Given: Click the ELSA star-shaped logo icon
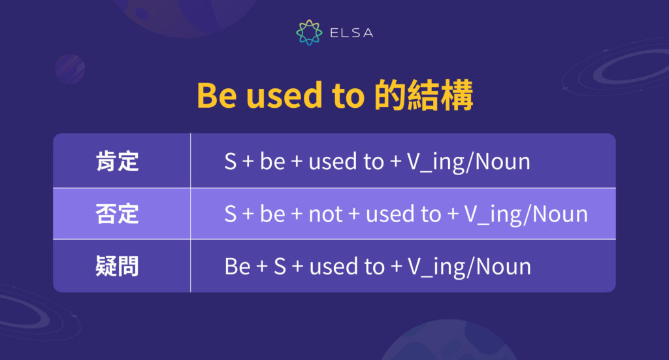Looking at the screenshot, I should click(x=309, y=33).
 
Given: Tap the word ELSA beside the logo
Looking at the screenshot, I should click(x=350, y=33).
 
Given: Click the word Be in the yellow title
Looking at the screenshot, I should click(x=216, y=96).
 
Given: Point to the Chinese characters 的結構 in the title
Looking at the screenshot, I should click(x=424, y=96).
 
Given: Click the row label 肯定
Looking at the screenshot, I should click(x=118, y=161).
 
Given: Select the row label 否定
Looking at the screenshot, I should click(x=118, y=214).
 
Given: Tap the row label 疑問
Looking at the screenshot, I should click(x=118, y=266).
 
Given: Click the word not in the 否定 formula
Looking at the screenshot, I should click(x=325, y=214).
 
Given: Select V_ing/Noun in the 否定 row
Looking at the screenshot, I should click(x=526, y=214).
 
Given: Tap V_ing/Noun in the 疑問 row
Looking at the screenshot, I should click(x=469, y=267).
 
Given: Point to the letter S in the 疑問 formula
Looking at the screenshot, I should click(x=280, y=267).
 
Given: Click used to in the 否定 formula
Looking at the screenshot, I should click(x=403, y=214).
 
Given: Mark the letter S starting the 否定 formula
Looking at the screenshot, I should click(x=230, y=214).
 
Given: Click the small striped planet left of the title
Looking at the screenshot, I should click(x=69, y=69).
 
